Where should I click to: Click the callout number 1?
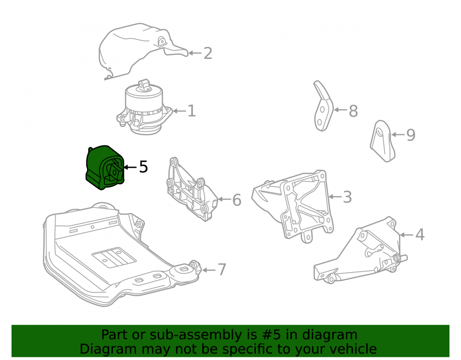click(191, 111)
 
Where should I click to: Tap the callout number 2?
click(208, 53)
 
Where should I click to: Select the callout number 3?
click(347, 197)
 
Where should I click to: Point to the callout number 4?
click(420, 235)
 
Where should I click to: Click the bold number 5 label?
click(143, 167)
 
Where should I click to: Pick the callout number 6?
click(236, 200)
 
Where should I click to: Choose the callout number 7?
click(222, 270)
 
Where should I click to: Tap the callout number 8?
click(353, 111)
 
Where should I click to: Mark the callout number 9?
click(411, 135)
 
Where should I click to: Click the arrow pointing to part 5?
click(130, 167)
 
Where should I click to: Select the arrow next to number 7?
click(209, 270)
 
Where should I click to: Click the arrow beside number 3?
click(335, 197)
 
